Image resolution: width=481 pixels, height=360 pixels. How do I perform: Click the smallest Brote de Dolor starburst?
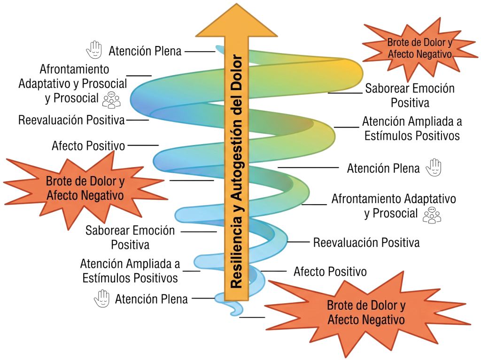[419, 48]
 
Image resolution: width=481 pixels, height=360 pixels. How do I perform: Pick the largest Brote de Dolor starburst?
[366, 313]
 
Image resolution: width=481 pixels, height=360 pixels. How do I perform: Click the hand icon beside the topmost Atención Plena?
[94, 49]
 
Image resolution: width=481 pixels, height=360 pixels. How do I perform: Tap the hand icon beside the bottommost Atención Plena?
[102, 299]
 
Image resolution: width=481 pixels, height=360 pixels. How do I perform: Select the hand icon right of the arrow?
[434, 168]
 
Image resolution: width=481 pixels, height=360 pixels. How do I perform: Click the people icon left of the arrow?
[111, 100]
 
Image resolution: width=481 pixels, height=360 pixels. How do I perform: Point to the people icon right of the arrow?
[432, 215]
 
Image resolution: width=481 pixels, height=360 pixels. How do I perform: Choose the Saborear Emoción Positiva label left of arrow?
[130, 237]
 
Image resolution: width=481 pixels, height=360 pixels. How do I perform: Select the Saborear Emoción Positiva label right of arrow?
[410, 95]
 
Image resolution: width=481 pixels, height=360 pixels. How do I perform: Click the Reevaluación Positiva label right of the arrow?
[366, 243]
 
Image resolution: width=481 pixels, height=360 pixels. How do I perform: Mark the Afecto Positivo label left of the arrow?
[88, 146]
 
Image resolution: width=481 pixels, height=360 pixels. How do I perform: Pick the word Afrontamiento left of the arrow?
[74, 69]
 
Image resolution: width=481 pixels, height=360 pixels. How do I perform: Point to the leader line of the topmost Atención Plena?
[200, 52]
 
